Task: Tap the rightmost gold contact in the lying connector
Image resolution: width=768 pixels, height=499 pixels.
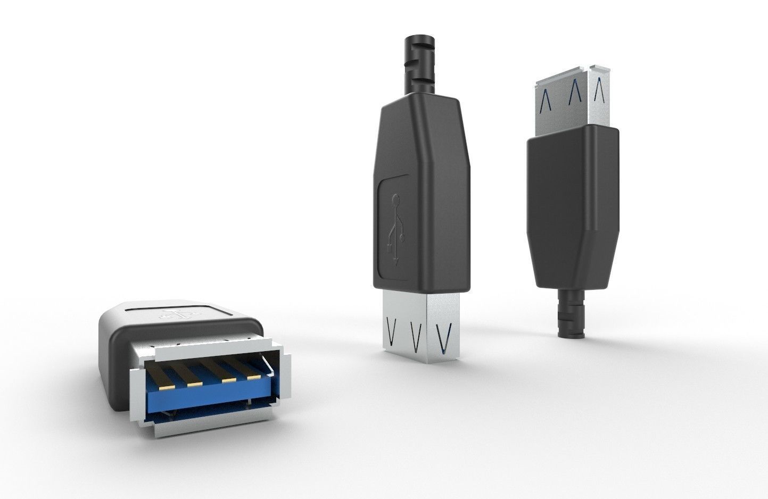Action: pos(253,377)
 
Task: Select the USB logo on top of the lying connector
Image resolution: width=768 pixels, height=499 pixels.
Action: pos(176,313)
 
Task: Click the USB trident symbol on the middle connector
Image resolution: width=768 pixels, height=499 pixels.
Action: pos(396,229)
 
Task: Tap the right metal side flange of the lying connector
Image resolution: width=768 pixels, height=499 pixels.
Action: pos(285,376)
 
